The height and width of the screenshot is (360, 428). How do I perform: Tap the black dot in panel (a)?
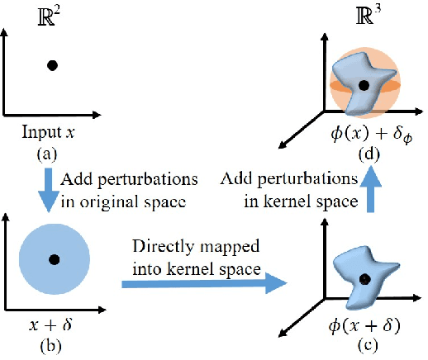pos(52,65)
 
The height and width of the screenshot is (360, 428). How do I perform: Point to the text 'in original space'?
pos(115,198)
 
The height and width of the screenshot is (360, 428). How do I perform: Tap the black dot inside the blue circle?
pos(54,259)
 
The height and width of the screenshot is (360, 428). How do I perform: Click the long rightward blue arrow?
pos(202,282)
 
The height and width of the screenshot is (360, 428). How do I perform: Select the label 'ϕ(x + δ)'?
pos(364,324)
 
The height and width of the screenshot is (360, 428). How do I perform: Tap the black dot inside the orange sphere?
pos(363,84)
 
